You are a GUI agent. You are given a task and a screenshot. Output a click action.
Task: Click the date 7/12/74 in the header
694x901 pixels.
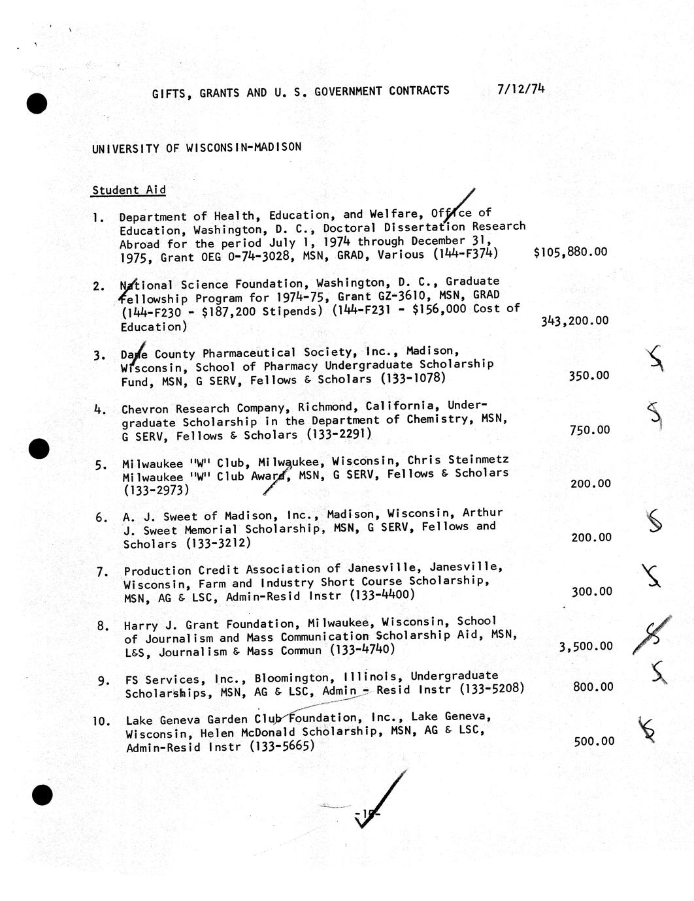(x=520, y=89)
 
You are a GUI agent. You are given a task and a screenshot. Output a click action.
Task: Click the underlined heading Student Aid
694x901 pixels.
(x=129, y=190)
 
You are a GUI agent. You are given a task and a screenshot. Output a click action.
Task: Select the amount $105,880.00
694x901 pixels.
(x=570, y=252)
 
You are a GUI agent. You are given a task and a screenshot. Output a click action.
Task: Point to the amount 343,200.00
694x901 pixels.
(x=574, y=321)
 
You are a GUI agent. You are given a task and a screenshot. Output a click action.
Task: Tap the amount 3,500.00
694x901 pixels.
(x=586, y=646)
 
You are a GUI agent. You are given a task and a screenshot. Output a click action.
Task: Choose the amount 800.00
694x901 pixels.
(x=593, y=687)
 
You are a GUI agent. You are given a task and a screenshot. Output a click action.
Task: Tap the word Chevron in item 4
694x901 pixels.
(x=144, y=409)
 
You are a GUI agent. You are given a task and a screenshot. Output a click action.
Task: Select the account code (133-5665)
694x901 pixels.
(x=282, y=746)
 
